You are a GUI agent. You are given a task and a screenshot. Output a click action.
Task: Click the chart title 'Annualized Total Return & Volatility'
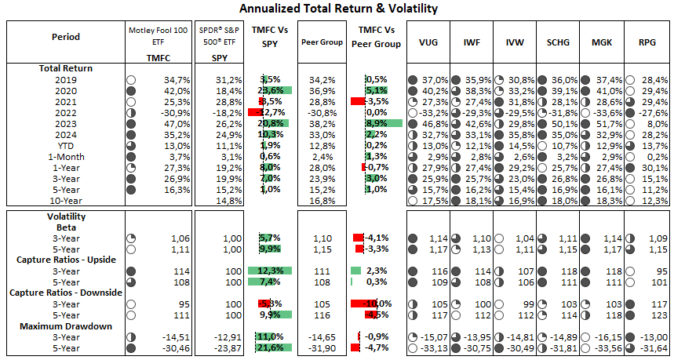point(337,9)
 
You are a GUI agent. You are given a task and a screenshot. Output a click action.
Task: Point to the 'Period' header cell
point(65,37)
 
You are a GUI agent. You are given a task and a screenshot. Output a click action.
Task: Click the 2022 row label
point(66,112)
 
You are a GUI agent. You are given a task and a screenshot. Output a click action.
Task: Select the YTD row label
point(66,145)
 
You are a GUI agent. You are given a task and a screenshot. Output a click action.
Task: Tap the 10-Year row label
point(66,200)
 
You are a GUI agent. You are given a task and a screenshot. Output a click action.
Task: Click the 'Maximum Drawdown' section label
point(66,325)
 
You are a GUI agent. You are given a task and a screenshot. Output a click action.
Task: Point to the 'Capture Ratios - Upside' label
point(66,259)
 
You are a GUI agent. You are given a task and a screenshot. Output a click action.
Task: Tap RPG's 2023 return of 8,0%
point(655,123)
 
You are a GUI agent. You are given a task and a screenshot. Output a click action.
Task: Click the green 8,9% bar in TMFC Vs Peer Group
point(384,123)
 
